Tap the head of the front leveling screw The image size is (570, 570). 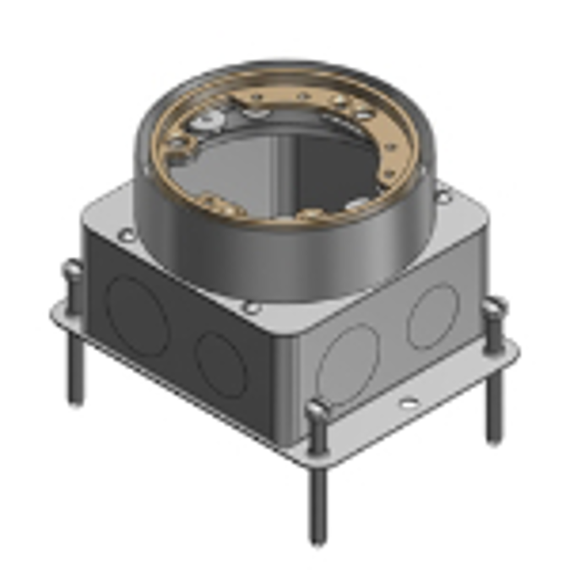315,411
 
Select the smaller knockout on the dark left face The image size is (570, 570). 222,364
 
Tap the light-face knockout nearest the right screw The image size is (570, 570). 433,316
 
